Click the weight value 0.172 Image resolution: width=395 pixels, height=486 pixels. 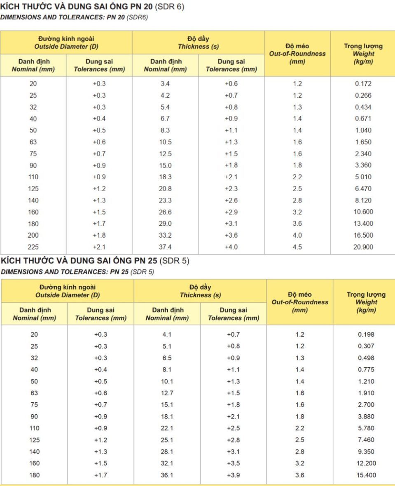click(363, 84)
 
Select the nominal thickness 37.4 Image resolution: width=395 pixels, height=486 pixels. click(165, 247)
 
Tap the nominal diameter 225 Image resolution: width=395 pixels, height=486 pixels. click(33, 247)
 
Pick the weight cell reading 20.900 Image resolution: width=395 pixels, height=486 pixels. click(363, 247)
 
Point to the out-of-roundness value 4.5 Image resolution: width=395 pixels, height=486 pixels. click(297, 247)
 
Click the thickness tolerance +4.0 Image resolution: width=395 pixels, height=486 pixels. click(231, 247)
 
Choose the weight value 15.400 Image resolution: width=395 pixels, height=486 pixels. click(366, 475)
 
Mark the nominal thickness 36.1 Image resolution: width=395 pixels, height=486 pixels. click(167, 475)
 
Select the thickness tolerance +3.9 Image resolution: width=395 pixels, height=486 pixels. click(233, 475)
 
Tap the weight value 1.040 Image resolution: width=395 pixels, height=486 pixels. click(363, 130)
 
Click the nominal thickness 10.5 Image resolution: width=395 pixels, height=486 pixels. click(165, 142)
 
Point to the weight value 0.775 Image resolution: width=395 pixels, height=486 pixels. click(366, 369)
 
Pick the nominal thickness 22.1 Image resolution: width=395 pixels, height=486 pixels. click(167, 428)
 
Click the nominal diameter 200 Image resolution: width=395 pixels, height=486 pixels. click(33, 235)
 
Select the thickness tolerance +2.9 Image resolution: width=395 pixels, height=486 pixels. click(231, 212)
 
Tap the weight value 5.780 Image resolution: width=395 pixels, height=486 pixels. click(366, 428)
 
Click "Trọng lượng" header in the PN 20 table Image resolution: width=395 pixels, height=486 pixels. click(363, 46)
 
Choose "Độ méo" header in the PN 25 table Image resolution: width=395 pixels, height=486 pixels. click(299, 294)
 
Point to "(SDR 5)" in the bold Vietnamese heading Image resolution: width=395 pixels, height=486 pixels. click(174, 261)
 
